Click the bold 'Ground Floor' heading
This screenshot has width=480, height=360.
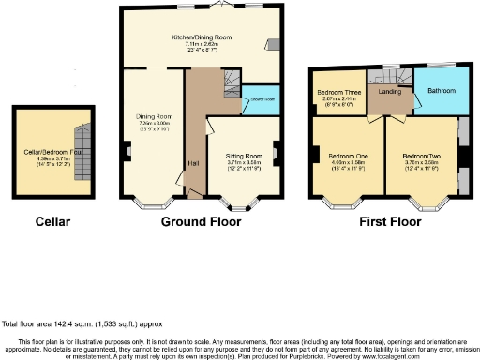200,222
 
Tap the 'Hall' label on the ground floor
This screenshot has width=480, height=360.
192,166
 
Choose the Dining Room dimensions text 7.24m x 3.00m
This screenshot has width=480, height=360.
151,123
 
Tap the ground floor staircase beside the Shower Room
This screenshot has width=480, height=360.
231,90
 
